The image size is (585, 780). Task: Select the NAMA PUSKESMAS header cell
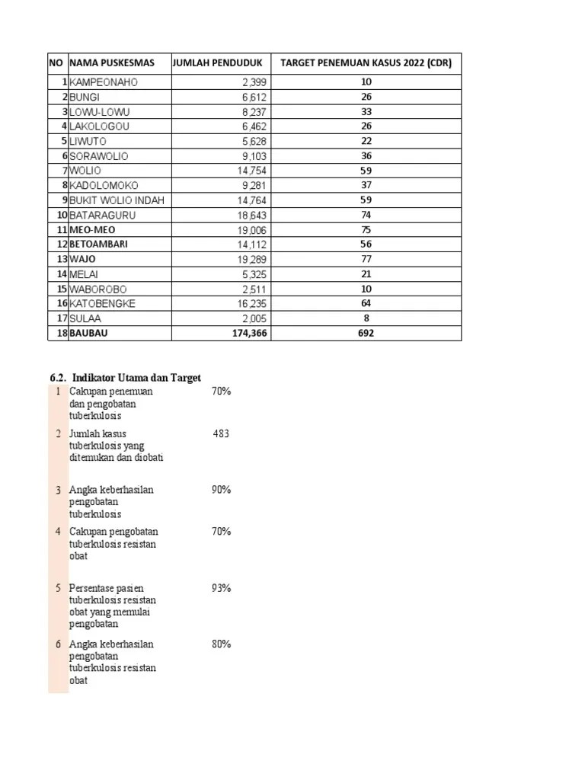point(112,63)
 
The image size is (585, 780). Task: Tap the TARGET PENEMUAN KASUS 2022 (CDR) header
point(366,63)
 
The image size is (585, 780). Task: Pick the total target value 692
point(366,333)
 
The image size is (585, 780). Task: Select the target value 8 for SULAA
point(366,318)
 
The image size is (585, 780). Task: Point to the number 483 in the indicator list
point(221,433)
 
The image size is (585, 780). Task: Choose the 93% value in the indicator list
point(221,588)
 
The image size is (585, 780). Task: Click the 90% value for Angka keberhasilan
point(221,490)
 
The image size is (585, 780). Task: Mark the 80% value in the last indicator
point(221,644)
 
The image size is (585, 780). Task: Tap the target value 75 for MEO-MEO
point(366,229)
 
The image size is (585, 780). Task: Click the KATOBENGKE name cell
point(102,303)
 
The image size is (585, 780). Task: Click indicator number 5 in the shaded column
point(58,588)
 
